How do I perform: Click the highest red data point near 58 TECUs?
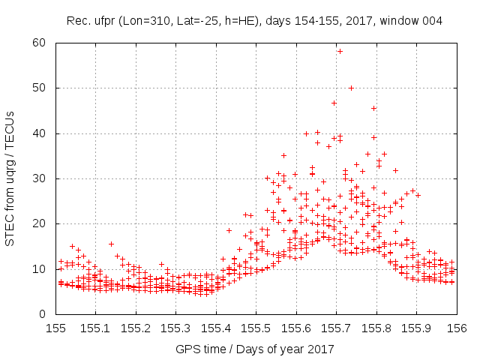click(x=340, y=51)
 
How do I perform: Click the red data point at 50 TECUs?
click(x=351, y=88)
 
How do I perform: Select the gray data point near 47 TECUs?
click(x=334, y=103)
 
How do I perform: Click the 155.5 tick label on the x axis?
click(x=256, y=327)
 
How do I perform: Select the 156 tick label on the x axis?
click(x=456, y=327)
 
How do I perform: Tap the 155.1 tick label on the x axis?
click(x=97, y=327)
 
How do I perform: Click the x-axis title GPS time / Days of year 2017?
click(x=255, y=349)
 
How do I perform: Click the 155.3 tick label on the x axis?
click(x=177, y=327)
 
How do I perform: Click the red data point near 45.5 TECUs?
click(x=373, y=108)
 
